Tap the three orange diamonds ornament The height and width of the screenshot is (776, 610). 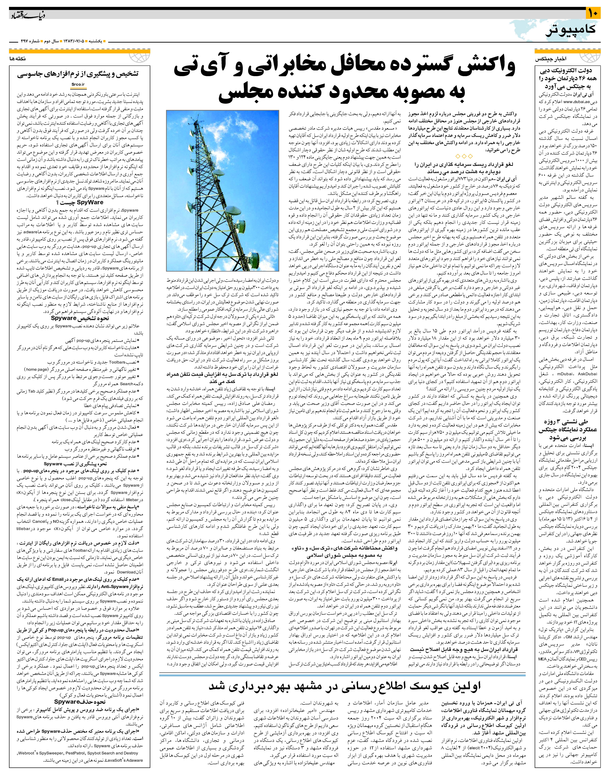click(x=463, y=156)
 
